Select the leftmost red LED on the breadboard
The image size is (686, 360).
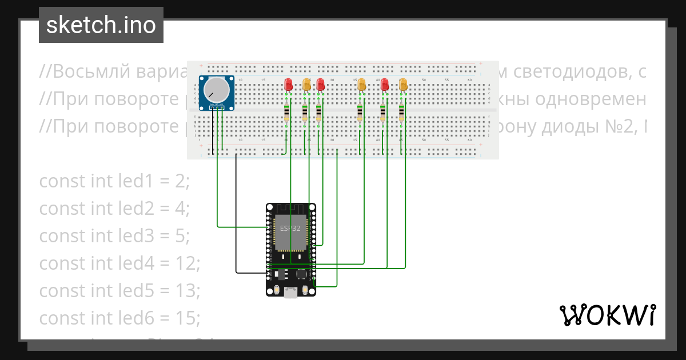click(x=289, y=85)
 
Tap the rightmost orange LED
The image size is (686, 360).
click(x=403, y=85)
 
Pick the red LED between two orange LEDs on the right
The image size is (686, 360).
click(x=385, y=85)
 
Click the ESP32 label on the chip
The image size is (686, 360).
click(x=290, y=228)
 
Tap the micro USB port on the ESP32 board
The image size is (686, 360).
click(x=291, y=293)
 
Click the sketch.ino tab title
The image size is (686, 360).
click(x=101, y=25)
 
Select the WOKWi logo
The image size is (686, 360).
click(x=608, y=315)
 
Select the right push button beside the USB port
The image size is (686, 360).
click(x=305, y=290)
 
